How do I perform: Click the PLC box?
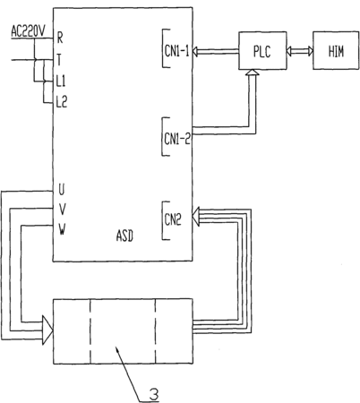coord(262,51)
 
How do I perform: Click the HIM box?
coord(336,51)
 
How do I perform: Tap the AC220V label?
coord(28,31)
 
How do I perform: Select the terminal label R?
coord(60,38)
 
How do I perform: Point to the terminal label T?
coord(59,59)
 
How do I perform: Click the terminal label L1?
coord(61,81)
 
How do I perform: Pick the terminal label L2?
coord(62,102)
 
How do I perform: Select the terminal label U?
coord(61,190)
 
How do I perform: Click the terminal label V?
coord(62,210)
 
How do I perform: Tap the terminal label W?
coord(62,229)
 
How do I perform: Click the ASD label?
coord(124,236)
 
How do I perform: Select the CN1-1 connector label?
coord(176,51)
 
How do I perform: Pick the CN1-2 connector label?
coord(177,139)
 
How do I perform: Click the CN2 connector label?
coord(173,220)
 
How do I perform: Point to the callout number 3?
coord(153,394)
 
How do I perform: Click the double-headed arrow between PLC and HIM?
coord(300,51)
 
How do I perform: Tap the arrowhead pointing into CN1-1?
coord(195,51)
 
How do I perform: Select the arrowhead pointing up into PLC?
coord(253,73)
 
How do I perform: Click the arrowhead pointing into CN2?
coord(196,217)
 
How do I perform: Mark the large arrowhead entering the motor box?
coord(47,330)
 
